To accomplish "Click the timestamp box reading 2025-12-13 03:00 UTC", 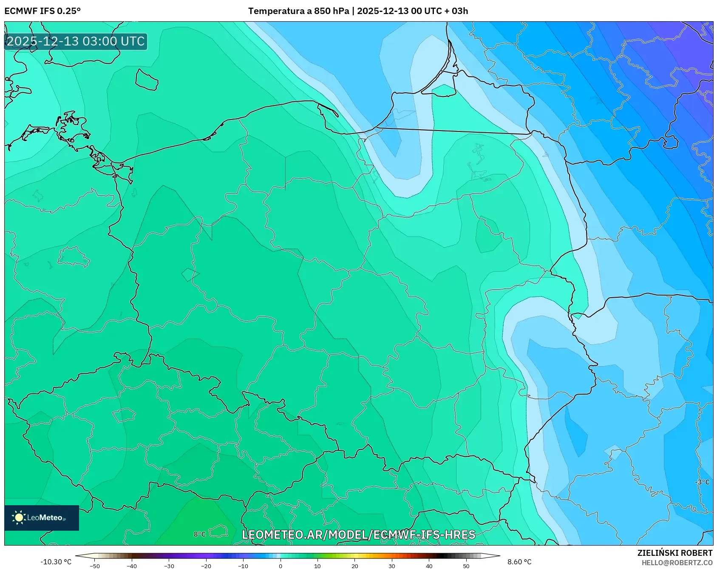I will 76,41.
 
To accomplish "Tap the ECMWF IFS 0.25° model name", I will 43,11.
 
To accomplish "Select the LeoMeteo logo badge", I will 42,518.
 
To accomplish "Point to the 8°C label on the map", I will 200,534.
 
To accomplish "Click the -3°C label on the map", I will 702,482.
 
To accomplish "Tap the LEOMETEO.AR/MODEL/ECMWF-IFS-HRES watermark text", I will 358,535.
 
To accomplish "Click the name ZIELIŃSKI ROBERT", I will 674,553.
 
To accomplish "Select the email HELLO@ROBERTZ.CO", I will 677,563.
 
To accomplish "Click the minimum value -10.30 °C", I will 56,562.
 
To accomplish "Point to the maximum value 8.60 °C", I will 519,562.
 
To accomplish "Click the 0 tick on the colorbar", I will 281,566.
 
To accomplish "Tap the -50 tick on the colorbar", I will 95,566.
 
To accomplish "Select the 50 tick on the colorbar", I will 466,566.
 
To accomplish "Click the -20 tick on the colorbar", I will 206,566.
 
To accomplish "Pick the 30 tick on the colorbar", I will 392,566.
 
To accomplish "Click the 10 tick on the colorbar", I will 317,566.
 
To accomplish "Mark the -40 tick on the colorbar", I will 132,566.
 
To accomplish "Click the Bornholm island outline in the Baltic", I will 147,80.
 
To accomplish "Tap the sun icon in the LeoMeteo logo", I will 19,518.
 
